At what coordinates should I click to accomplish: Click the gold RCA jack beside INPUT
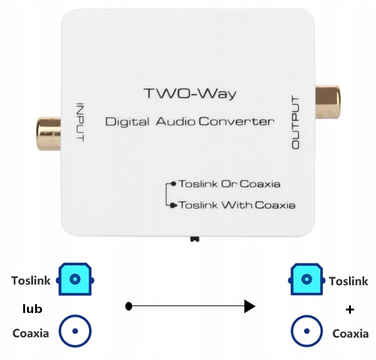coord(49,134)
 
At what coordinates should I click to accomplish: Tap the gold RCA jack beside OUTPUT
coord(328,102)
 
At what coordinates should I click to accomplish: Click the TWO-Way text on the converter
coord(190,93)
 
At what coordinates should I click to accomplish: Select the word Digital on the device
coord(127,122)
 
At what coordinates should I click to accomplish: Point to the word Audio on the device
coord(175,122)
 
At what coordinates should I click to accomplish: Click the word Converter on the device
coord(236,122)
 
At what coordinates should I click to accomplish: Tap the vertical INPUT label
coord(80,122)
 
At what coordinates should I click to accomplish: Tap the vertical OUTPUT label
coord(295,122)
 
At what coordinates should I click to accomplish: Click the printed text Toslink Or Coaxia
coord(229,184)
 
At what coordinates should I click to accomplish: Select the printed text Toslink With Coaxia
coord(237,205)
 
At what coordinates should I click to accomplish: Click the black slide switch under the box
coord(194,239)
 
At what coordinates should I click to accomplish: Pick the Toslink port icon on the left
coord(75,279)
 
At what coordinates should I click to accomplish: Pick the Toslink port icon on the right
coord(306,279)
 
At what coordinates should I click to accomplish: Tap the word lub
coord(32,309)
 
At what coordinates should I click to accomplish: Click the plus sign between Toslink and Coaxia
coord(350,310)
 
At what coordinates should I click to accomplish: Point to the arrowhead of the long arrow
coord(249,306)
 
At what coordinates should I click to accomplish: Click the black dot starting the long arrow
coord(128,306)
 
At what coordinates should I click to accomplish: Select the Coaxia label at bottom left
coord(31,334)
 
